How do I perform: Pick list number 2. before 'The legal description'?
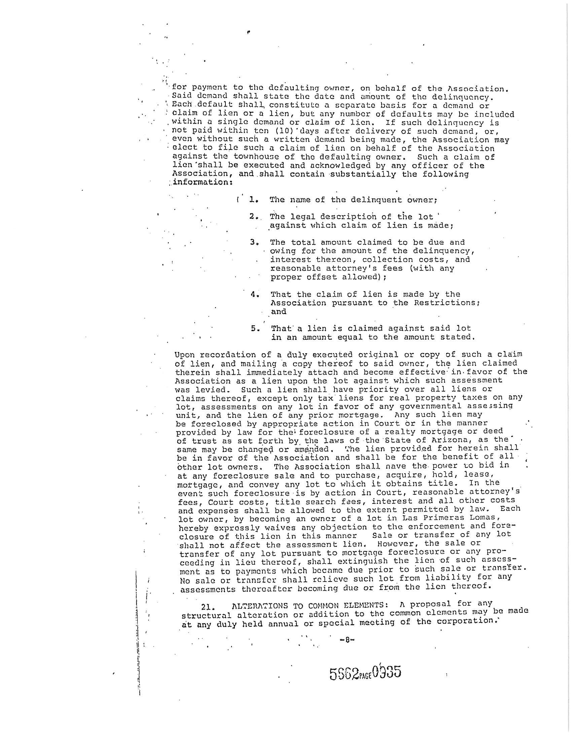(x=254, y=217)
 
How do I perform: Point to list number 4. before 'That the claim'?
(x=255, y=294)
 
